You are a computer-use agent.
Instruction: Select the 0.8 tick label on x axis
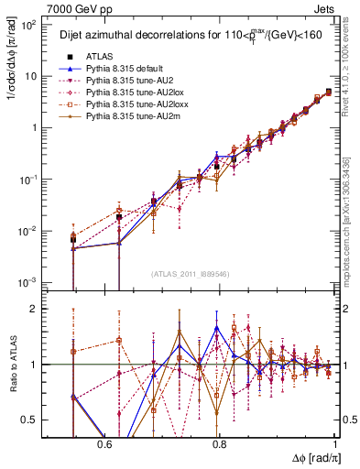coord(219,443)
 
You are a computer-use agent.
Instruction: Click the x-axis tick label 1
coord(335,443)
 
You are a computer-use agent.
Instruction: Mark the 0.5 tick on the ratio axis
coord(33,420)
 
